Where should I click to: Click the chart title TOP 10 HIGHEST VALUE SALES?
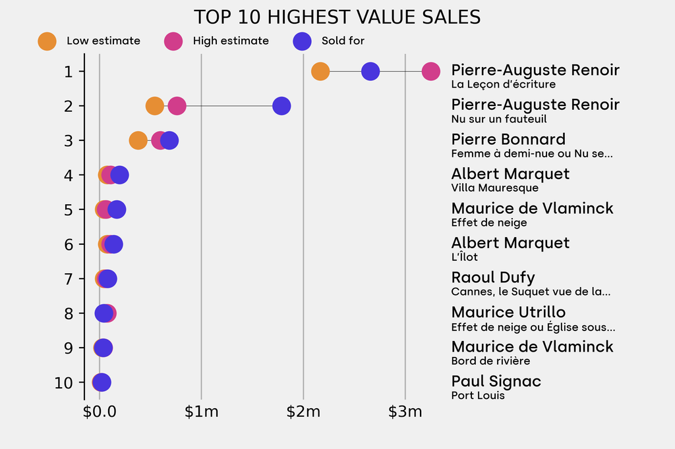[x=337, y=17]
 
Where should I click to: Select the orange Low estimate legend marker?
[x=47, y=41]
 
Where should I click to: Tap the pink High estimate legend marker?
[x=173, y=41]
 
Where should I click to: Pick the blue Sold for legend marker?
[x=301, y=41]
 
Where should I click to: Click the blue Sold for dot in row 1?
[x=370, y=71]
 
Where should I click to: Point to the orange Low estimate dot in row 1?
[x=320, y=71]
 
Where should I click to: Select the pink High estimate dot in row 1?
[x=430, y=71]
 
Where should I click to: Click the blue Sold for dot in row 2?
[x=281, y=105]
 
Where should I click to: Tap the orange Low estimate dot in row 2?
[x=154, y=105]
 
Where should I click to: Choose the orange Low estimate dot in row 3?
[x=138, y=140]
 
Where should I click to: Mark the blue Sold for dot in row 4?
[x=119, y=175]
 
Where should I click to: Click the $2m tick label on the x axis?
[x=303, y=413]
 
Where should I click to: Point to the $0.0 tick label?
[x=100, y=413]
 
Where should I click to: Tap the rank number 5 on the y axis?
[x=69, y=209]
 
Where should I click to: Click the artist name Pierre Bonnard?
[x=508, y=140]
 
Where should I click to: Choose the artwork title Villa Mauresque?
[x=494, y=188]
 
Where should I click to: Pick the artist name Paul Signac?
[x=496, y=381]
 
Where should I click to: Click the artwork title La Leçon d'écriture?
[x=503, y=84]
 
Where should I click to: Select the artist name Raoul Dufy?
[x=493, y=278]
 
